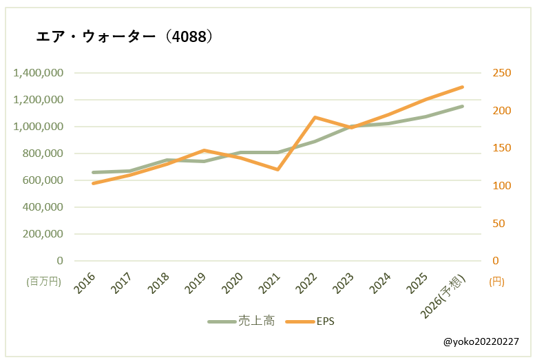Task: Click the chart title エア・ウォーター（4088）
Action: (124, 36)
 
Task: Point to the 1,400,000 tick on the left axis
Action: (38, 73)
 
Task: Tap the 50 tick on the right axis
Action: (497, 224)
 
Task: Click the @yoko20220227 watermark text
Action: (481, 341)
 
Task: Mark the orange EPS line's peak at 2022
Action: (315, 117)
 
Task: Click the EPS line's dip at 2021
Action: (277, 169)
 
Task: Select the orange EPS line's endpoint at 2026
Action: (463, 87)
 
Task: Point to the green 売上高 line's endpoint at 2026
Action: (463, 106)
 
